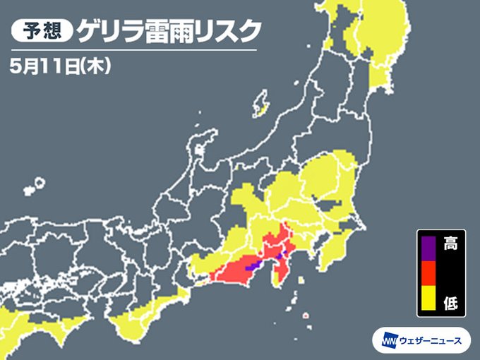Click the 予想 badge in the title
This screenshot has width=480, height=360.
point(42,31)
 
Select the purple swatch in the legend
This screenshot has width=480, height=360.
point(428,246)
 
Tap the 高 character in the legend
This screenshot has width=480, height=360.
point(450,245)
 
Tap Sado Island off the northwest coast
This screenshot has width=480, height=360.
point(262,103)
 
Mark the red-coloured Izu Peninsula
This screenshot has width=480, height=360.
point(281,268)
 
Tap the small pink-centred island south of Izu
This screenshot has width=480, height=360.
point(307,316)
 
